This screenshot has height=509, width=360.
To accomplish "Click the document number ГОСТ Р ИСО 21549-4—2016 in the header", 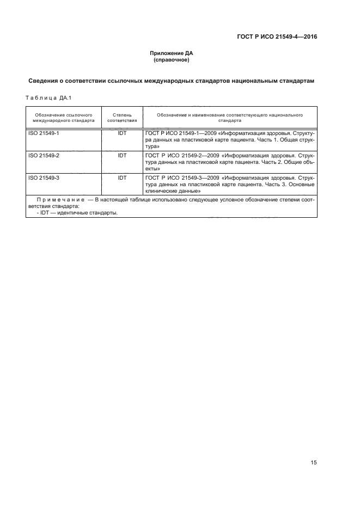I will [x=277, y=38].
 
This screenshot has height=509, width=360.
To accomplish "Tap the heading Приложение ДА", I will [x=172, y=53].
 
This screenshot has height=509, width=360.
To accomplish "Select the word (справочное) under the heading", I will [x=172, y=60].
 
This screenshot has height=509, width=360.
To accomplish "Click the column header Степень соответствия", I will [x=122, y=118].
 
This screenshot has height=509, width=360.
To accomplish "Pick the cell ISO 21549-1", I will [x=43, y=133].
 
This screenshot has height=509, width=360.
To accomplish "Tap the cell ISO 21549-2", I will [x=43, y=155].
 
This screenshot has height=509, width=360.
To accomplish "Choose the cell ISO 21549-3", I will [x=43, y=177].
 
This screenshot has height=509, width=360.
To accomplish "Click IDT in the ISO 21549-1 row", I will [x=122, y=133].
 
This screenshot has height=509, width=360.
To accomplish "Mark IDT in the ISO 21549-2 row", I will [x=122, y=155].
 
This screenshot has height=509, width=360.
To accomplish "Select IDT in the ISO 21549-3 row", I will [x=122, y=177].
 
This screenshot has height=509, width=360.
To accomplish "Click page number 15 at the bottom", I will [x=314, y=463].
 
